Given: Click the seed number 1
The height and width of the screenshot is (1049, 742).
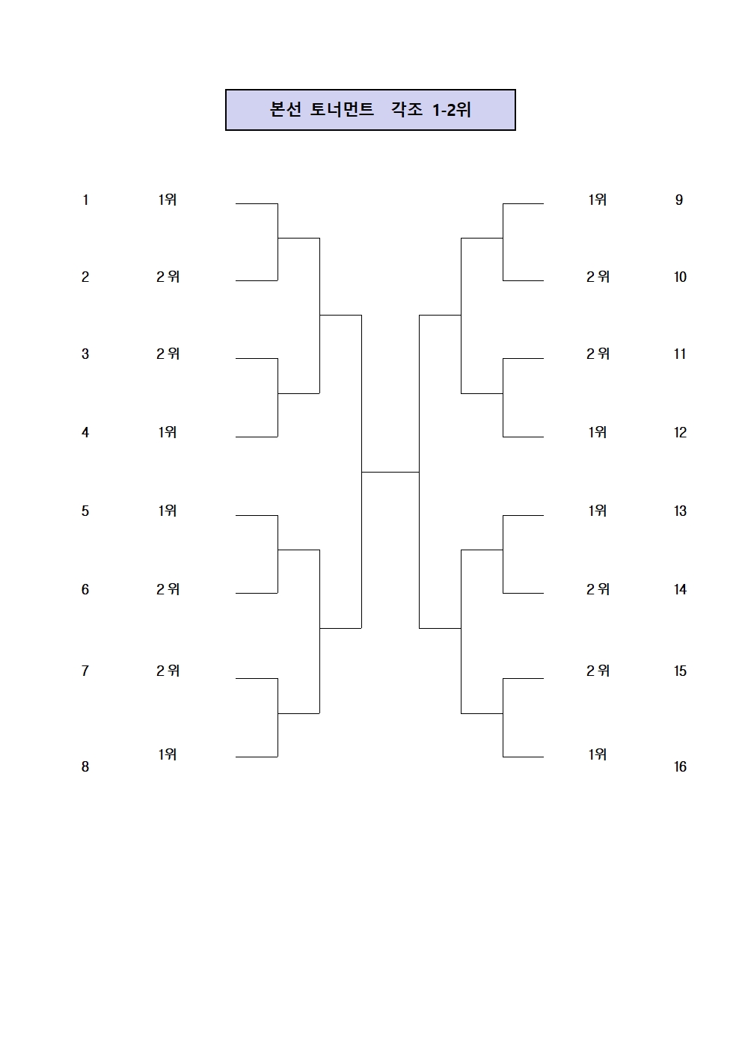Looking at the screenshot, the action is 85,200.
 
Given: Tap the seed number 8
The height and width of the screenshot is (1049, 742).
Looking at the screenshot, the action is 85,766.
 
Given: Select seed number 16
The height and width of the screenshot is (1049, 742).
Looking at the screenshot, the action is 680,766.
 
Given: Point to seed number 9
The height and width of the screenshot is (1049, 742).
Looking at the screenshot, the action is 679,200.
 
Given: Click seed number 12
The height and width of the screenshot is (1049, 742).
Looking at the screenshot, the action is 680,432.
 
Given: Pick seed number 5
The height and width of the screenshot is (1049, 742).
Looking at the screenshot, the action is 85,511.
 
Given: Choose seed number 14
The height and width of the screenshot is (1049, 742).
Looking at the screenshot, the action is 680,589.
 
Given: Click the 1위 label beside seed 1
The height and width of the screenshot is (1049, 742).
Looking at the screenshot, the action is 168,200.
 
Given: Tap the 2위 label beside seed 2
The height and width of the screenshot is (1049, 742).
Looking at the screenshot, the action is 168,277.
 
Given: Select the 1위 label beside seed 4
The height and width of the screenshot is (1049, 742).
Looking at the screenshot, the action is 168,432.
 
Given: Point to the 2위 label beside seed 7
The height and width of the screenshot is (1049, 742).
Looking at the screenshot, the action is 168,671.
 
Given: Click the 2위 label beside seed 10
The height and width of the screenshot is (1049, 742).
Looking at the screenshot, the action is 598,277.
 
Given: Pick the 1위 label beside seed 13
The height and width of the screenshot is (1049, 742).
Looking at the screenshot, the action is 597,511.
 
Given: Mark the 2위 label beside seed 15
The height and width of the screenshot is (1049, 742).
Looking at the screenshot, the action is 598,671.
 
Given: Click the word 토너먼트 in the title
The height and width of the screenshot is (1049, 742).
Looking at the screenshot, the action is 342,110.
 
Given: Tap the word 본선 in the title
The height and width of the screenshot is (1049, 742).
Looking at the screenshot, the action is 285,110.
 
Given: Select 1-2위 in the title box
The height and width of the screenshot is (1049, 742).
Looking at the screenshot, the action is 452,110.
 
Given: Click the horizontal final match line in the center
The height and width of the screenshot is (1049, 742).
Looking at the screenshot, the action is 390,472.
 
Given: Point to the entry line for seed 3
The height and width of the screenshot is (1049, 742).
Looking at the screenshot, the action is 257,359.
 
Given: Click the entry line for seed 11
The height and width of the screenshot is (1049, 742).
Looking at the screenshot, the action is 524,359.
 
